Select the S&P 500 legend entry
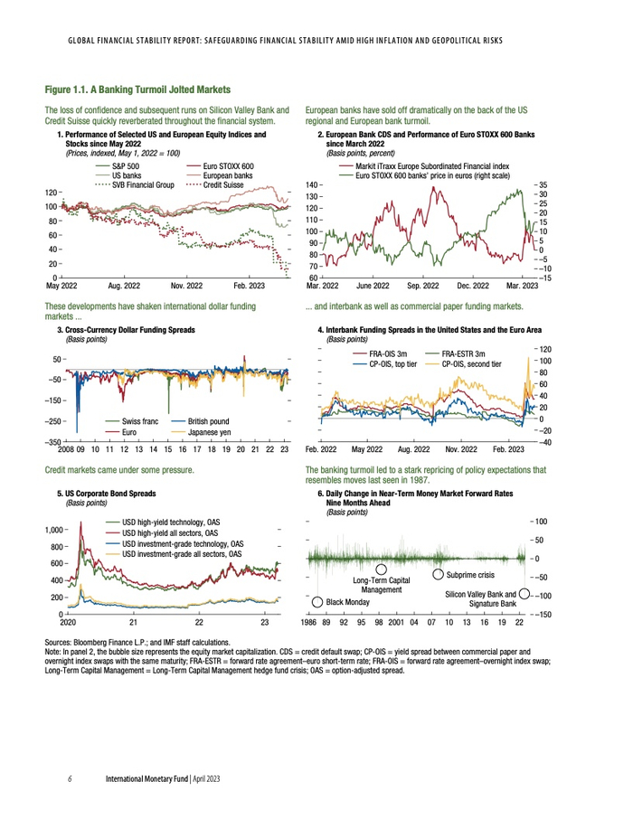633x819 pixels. point(125,167)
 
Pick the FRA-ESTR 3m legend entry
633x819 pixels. point(463,353)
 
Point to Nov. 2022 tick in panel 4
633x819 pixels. point(462,449)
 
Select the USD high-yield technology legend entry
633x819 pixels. point(172,522)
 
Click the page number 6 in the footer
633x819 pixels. point(71,777)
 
